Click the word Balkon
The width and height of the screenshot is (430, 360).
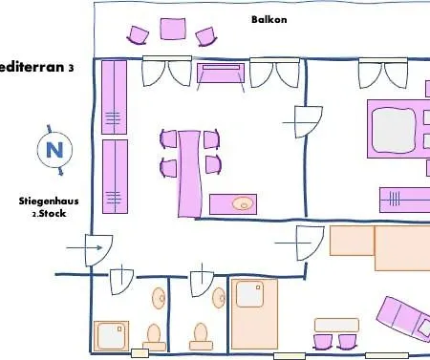coord(269,19)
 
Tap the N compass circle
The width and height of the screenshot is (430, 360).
coord(54,149)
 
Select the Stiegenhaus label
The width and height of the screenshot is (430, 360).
coord(48,201)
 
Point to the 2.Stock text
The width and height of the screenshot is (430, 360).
coord(48,214)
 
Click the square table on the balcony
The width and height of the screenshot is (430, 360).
coord(172,29)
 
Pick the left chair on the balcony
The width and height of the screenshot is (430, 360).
coord(140,36)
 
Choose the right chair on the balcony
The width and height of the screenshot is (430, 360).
coord(204,36)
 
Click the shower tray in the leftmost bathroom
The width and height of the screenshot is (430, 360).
coord(111,336)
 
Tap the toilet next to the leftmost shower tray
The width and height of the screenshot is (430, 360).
coord(153,334)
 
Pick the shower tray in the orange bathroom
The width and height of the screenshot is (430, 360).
coord(250,296)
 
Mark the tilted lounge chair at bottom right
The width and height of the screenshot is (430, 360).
coord(403,323)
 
